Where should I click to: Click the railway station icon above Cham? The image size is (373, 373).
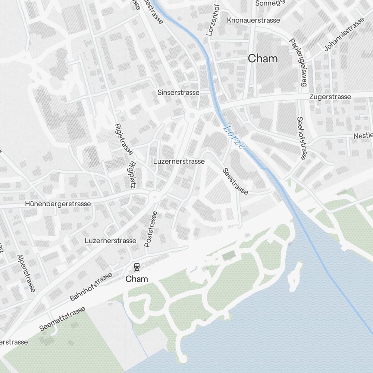tap(137, 266)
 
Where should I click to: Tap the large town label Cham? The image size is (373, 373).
tap(263, 59)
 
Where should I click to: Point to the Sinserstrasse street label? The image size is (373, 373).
tap(178, 92)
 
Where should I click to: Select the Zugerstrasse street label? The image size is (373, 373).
tap(330, 97)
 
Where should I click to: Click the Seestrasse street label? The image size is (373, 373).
tap(235, 181)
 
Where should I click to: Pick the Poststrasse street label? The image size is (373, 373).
tap(151, 229)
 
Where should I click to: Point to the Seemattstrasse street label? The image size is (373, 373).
tap(62, 319)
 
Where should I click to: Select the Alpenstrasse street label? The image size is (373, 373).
tap(26, 273)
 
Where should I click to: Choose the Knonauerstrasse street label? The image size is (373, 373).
tap(253, 20)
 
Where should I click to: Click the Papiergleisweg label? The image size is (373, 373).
tap(298, 62)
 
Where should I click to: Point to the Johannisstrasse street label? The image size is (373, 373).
tap(344, 34)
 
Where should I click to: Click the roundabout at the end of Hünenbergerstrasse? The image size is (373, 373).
tap(154, 196)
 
